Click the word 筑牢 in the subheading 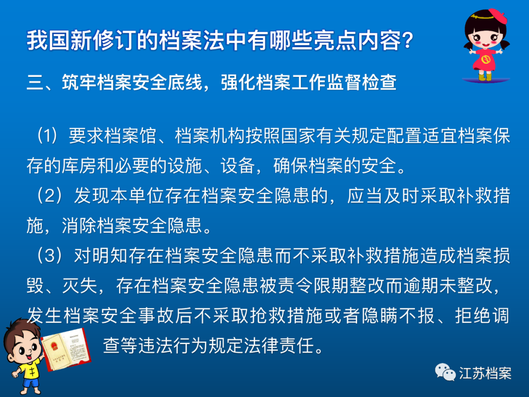click(x=79, y=82)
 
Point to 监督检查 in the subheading click(x=361, y=82)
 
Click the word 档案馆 click(x=130, y=136)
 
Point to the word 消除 click(x=79, y=226)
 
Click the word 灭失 click(x=79, y=286)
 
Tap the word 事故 click(x=150, y=316)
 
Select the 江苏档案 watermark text click(x=485, y=373)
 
